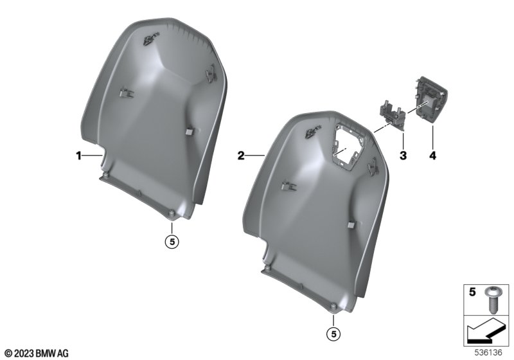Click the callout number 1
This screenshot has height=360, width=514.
tap(78, 156)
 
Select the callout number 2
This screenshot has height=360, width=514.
tap(241, 156)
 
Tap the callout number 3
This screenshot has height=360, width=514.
tap(403, 156)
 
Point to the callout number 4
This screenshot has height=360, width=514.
tap(432, 156)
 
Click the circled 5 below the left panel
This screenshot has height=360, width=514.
tap(172, 242)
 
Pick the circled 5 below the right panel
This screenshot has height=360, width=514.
tap(333, 334)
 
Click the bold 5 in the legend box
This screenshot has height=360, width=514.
tap(472, 292)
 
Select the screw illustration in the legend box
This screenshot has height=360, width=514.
tap(491, 299)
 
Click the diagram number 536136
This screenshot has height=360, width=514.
tap(488, 352)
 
